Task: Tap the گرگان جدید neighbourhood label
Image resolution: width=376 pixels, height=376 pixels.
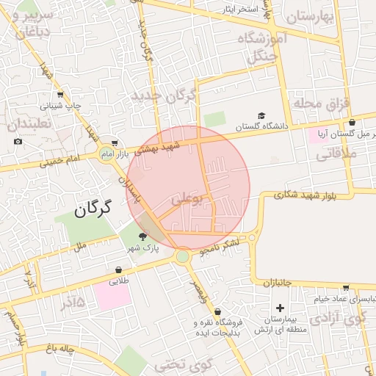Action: coord(164,96)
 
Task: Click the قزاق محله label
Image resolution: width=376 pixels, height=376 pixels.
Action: coord(319,103)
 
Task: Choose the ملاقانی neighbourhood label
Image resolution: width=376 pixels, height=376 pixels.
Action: coord(337,155)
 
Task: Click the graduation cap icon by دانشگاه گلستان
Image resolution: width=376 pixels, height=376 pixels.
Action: coord(261,115)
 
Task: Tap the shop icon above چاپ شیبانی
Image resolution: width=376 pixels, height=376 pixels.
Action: coord(60,93)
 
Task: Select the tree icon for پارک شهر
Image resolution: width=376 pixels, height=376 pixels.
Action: coord(142,236)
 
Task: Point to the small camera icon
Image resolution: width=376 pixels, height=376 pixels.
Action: coord(18,141)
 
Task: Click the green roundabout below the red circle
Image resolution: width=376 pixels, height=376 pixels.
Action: coord(182,256)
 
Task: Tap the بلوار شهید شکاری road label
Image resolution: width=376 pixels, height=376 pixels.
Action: coord(305,195)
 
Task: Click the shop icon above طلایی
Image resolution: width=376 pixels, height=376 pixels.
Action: coord(118,270)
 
